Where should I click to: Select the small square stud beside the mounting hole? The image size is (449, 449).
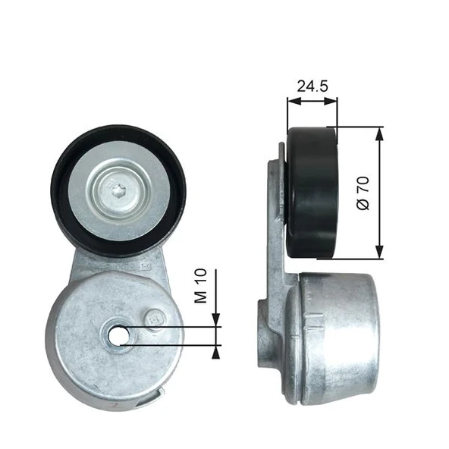point(154,319)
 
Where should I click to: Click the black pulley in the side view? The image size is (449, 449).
point(312,193)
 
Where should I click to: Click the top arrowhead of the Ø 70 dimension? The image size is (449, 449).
point(380,132)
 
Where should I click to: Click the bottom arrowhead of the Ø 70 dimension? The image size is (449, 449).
point(380,253)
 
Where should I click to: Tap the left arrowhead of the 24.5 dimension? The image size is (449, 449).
point(292,99)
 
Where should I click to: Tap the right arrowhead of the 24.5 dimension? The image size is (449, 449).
point(331,99)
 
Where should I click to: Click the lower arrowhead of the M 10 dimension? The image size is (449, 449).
point(217,350)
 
